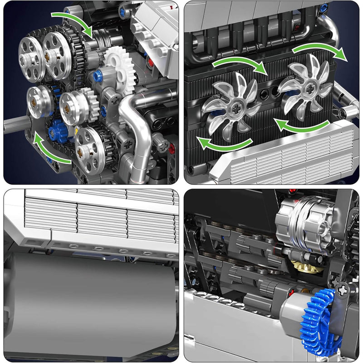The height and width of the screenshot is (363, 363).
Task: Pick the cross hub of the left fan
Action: pos(236,109)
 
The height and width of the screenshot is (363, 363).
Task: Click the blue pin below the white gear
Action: pos(97,77)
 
